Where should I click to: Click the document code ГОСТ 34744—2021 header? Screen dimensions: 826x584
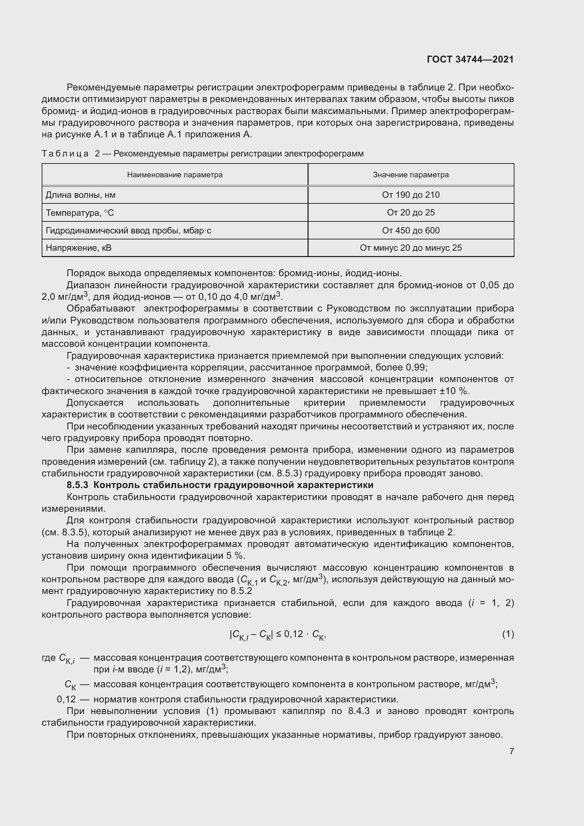click(x=470, y=60)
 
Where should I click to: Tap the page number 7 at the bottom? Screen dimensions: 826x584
click(x=511, y=751)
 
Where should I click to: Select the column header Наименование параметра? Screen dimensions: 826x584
click(x=175, y=175)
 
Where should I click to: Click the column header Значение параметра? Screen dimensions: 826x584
click(x=411, y=175)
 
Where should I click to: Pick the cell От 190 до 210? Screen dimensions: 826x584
click(x=411, y=195)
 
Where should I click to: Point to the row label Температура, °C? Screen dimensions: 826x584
click(x=80, y=213)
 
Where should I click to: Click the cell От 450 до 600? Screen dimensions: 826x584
click(x=411, y=231)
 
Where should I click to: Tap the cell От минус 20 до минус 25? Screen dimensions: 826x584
click(x=411, y=248)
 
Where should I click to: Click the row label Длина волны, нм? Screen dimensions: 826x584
click(x=81, y=195)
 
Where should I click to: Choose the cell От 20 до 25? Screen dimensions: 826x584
click(x=411, y=213)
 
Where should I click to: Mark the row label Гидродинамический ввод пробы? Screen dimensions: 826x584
click(x=128, y=231)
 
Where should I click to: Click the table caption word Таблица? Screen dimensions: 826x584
click(x=65, y=154)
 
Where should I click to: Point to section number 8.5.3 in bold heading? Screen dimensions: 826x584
click(x=77, y=485)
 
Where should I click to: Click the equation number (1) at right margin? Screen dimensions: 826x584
click(x=508, y=634)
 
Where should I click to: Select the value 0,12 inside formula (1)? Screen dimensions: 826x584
click(x=293, y=634)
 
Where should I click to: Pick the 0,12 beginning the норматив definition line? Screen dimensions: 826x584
click(x=66, y=699)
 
